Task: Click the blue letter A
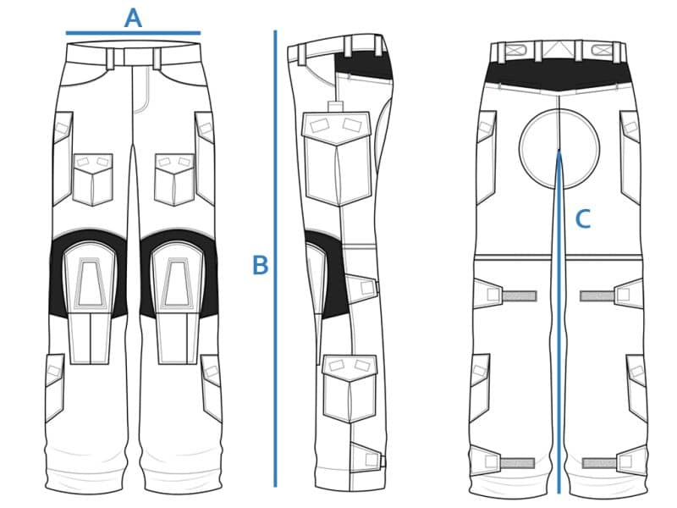pos(133,19)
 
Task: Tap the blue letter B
pos(260,265)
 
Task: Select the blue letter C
pos(583,219)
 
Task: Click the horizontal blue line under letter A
pos(133,33)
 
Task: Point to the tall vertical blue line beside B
pos(275,258)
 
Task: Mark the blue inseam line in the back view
pos(559,322)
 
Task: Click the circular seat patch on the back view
pos(559,149)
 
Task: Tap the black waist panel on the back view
pos(559,75)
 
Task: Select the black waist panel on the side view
pos(364,65)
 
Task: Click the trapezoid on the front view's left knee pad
pos(91,282)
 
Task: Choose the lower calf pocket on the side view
pos(350,388)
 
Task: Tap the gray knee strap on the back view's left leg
pos(520,295)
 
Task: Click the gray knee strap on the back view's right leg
pos(597,295)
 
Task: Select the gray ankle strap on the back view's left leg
pos(517,463)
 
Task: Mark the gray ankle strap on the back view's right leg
pos(599,463)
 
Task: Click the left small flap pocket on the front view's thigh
pos(93,179)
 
